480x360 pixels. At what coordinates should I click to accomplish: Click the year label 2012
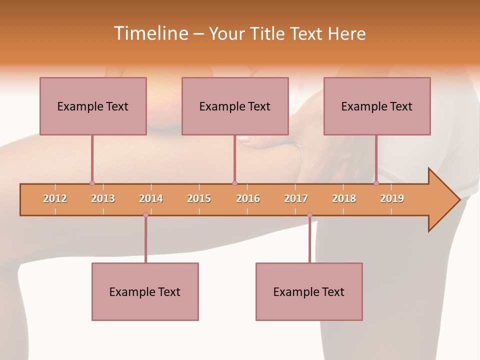[55, 198]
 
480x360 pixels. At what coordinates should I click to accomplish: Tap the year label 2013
[103, 198]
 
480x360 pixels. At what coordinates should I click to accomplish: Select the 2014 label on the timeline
[151, 198]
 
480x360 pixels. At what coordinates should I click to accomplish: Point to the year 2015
[199, 198]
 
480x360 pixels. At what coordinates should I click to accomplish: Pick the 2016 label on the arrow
[248, 198]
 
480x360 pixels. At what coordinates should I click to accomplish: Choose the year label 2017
[296, 198]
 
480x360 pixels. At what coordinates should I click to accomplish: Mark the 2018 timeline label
[344, 198]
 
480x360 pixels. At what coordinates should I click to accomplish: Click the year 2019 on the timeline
[392, 198]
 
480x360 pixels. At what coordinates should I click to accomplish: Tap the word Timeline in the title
[149, 33]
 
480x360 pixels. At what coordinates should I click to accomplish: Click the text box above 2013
[93, 106]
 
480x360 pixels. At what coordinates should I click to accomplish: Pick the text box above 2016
[235, 106]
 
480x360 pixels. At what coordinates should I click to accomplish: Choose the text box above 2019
[377, 106]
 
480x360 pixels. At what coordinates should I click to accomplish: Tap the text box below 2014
[145, 291]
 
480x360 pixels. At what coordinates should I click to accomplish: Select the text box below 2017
[309, 291]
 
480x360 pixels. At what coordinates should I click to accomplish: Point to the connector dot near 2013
[92, 183]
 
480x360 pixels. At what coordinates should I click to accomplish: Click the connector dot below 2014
[145, 215]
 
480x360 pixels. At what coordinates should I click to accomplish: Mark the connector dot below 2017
[309, 215]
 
